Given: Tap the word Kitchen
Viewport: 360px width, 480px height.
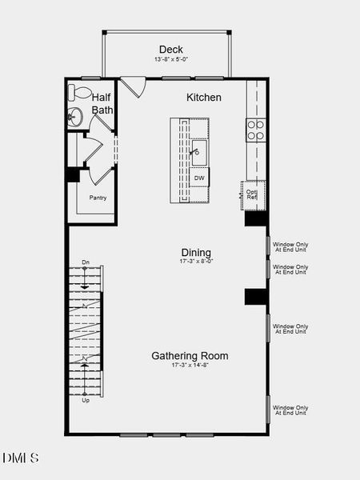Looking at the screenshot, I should (204, 98).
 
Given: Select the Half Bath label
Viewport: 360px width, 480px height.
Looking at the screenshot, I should (102, 103).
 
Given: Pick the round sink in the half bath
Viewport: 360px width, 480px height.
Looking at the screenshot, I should (74, 117).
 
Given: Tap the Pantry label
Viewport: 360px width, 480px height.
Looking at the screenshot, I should (98, 198).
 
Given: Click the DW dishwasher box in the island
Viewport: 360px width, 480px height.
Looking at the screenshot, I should (199, 178).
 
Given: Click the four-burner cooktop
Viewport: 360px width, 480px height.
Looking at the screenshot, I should (255, 130).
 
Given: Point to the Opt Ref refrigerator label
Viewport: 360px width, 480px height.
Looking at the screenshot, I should (251, 194).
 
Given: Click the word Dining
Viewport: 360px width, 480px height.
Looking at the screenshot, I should (196, 251).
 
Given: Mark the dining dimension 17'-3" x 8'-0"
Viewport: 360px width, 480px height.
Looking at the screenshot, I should (196, 261).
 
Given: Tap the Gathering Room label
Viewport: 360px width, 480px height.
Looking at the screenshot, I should (190, 356).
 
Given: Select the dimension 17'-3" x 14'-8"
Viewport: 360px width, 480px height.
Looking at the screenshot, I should (190, 366).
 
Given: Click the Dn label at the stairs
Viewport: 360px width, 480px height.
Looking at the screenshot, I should (86, 263).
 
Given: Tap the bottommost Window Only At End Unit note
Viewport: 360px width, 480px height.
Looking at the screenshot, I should (290, 410).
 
